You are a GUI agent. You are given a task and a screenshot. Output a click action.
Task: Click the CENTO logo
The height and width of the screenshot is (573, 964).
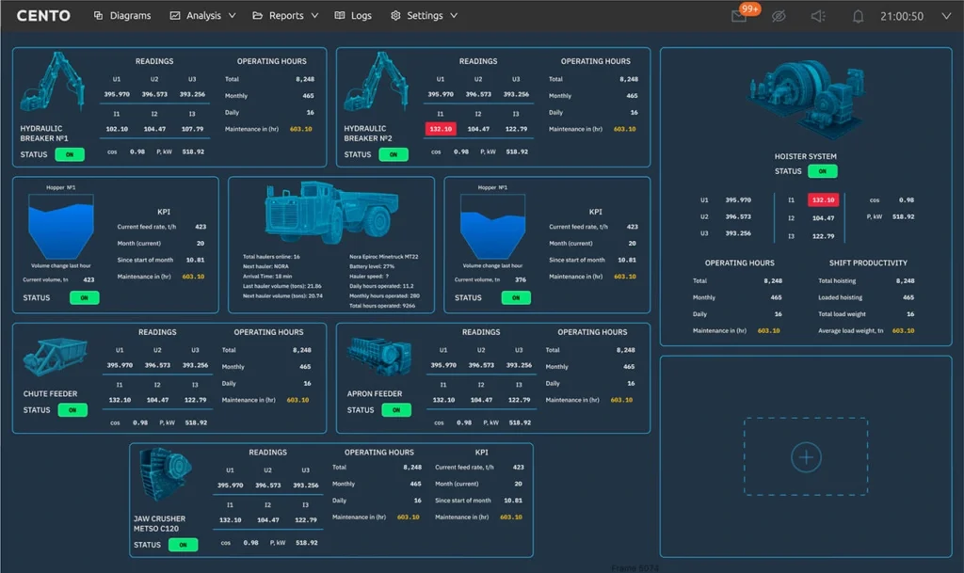[43, 16]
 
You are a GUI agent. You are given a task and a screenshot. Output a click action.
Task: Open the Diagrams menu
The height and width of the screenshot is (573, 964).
[121, 16]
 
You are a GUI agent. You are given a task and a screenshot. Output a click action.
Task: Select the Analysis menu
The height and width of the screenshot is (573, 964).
[201, 16]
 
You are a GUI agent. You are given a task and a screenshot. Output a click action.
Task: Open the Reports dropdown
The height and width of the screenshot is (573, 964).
[285, 16]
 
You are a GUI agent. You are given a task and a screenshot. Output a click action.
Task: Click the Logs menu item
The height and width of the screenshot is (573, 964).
[353, 16]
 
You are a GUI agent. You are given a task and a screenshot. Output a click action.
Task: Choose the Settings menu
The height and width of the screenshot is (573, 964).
[424, 16]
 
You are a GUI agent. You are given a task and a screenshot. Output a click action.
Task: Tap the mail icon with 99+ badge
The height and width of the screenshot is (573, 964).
[740, 16]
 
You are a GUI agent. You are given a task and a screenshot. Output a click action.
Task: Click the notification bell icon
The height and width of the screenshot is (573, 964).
[858, 16]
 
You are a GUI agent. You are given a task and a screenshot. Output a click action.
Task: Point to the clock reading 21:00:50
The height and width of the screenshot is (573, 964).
[901, 16]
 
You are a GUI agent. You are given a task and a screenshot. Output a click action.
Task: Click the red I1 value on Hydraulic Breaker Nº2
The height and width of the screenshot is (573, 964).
[441, 129]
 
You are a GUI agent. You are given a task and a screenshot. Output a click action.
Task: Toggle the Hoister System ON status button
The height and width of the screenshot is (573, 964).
[823, 171]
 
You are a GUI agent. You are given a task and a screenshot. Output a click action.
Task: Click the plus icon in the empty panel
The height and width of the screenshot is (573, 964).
[806, 457]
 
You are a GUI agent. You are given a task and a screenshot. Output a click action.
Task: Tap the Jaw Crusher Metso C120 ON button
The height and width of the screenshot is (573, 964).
[183, 545]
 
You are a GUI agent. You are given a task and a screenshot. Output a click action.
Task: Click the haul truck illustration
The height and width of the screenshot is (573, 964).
[329, 213]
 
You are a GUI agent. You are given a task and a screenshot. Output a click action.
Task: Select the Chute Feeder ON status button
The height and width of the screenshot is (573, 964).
[72, 410]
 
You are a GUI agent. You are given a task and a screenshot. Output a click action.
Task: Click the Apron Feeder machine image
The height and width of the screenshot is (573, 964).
[379, 356]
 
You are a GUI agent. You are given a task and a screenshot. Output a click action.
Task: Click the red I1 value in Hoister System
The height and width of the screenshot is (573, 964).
[823, 200]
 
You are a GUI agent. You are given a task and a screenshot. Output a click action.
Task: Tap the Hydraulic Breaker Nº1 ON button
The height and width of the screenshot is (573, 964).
[70, 154]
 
